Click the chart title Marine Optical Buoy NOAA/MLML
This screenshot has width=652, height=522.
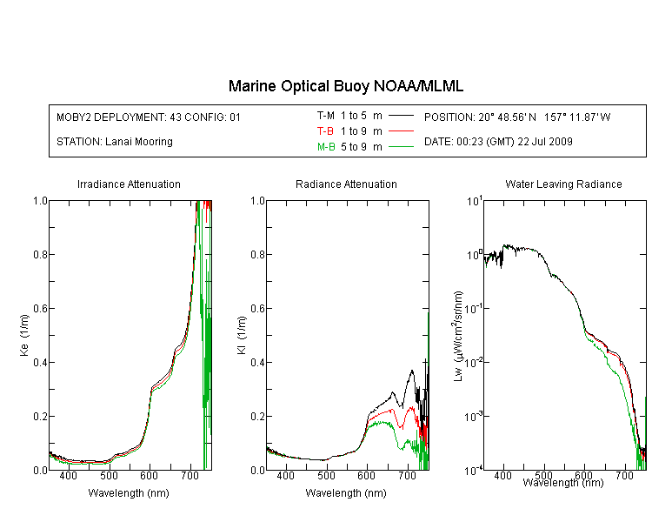[345, 86]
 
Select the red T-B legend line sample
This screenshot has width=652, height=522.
[401, 131]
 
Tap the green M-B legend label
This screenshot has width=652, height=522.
[326, 147]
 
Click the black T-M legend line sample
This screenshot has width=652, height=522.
[401, 116]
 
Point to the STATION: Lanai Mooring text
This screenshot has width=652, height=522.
[115, 142]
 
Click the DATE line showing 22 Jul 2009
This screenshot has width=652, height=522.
[498, 142]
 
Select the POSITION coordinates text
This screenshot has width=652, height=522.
[517, 117]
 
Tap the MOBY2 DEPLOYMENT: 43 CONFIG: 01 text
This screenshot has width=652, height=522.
[149, 117]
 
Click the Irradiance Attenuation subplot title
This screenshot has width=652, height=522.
[129, 184]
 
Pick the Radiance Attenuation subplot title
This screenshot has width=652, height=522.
[346, 184]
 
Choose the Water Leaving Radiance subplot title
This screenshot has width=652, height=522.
[563, 184]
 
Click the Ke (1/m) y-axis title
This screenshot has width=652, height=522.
[24, 336]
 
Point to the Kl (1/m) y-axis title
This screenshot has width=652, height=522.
[242, 336]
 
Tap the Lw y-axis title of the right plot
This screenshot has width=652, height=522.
[458, 336]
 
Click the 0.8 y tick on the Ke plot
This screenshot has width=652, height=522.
[40, 254]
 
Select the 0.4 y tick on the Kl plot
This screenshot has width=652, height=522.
[258, 362]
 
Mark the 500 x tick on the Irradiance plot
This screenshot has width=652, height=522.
[109, 475]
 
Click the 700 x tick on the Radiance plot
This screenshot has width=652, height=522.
[408, 475]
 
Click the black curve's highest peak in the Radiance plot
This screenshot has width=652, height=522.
[412, 370]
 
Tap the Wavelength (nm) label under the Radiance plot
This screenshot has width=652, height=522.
[346, 493]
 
